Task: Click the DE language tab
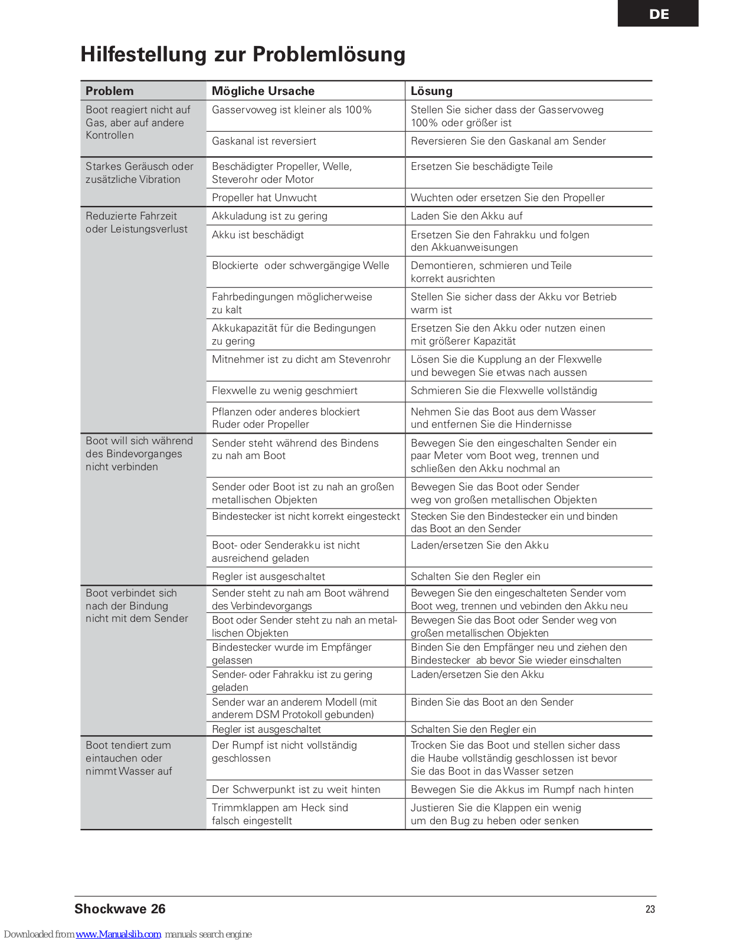tap(658, 14)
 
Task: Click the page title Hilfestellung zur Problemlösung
tap(243, 54)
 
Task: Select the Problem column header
tap(110, 91)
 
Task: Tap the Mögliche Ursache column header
tap(263, 91)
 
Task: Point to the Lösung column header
tap(431, 91)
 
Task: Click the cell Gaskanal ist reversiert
tap(264, 141)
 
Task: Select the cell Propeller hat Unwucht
tap(264, 198)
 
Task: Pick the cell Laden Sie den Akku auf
tap(466, 216)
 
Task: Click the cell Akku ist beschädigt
tap(258, 235)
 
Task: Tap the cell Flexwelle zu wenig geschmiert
tap(284, 391)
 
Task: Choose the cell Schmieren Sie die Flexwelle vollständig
tap(503, 391)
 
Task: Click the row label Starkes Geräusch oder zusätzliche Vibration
tap(139, 173)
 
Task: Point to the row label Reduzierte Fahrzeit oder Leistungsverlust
tap(136, 222)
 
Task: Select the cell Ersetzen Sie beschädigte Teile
tap(482, 166)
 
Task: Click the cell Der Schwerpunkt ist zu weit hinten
tap(296, 789)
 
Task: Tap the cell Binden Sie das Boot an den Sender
tap(492, 702)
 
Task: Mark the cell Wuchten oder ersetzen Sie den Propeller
tap(508, 198)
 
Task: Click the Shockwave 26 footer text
tap(120, 909)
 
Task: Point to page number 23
tap(650, 909)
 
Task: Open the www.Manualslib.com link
tap(118, 935)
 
